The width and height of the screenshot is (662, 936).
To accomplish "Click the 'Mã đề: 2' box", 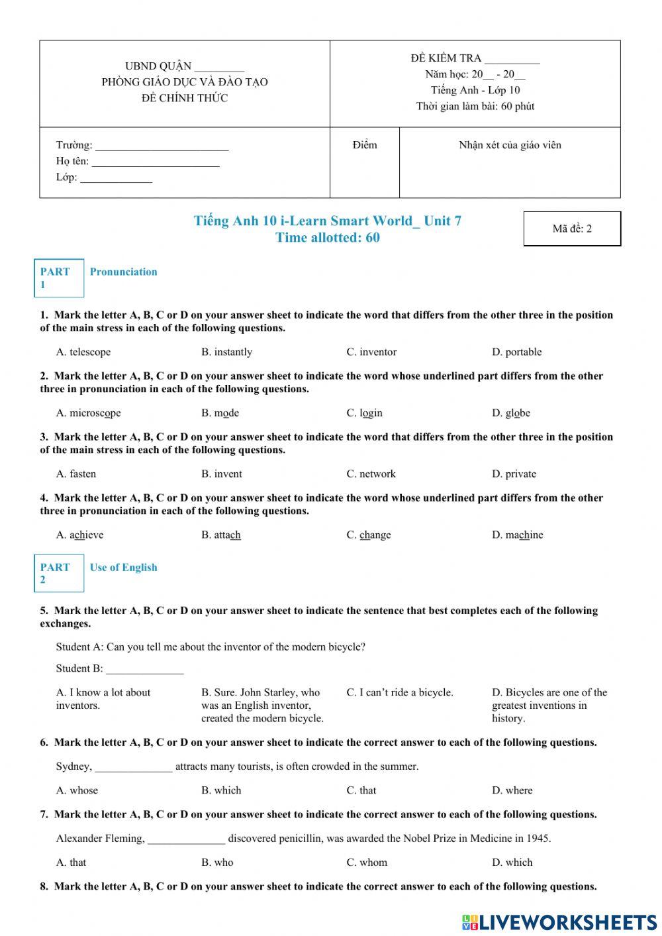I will (572, 229).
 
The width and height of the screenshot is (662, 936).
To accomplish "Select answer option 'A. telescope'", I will (83, 352).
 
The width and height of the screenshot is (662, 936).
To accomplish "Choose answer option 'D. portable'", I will (516, 352).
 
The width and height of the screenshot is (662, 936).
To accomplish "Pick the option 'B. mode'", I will (220, 413).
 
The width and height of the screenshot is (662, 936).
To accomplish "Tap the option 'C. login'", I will (364, 413).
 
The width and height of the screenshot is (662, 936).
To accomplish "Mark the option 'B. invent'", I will (222, 474).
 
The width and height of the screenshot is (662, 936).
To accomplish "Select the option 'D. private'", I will (514, 474).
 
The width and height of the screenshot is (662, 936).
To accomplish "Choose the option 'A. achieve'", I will (79, 535).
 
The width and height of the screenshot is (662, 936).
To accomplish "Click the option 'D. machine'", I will (517, 535).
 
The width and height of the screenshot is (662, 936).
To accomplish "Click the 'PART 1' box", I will (59, 278).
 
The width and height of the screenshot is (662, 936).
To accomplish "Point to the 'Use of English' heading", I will (124, 567).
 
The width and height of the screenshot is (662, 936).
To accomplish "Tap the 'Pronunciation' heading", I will (124, 272).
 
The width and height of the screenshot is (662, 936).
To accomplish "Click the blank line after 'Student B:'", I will (144, 669).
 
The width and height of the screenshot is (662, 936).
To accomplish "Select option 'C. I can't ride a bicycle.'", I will (400, 692).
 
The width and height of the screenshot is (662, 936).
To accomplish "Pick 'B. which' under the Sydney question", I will (221, 790).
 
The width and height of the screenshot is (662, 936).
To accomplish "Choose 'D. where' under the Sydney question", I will (512, 790).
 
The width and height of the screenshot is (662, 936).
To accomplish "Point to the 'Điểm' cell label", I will (365, 145).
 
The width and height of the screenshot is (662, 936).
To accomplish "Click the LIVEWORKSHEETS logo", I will (559, 921).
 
